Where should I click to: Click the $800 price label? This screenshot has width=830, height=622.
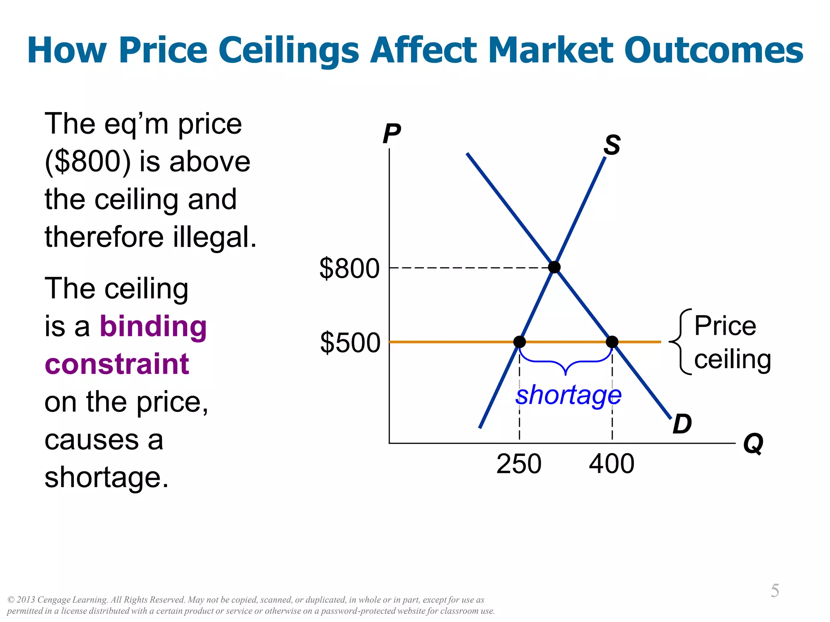(349, 268)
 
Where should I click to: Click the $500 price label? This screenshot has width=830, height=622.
(350, 343)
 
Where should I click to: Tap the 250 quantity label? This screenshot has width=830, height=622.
(519, 464)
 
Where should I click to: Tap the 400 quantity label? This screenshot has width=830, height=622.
(612, 464)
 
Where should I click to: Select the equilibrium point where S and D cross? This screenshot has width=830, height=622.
(554, 267)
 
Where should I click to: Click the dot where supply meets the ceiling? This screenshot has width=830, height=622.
(520, 342)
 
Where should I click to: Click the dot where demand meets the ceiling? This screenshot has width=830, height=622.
(612, 342)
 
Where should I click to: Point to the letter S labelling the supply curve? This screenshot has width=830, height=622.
(612, 145)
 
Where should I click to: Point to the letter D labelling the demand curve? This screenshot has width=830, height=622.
(682, 424)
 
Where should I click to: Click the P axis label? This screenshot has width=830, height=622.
(391, 133)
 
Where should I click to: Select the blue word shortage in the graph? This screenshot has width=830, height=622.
(568, 395)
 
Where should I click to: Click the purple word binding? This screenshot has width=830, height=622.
(153, 326)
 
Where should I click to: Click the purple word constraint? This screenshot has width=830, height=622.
(117, 364)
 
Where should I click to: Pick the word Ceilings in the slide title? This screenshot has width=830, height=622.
(289, 51)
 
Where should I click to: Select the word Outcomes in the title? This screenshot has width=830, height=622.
(714, 51)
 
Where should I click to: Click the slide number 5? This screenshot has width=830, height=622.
(774, 590)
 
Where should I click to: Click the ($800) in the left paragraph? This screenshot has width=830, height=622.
(88, 162)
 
